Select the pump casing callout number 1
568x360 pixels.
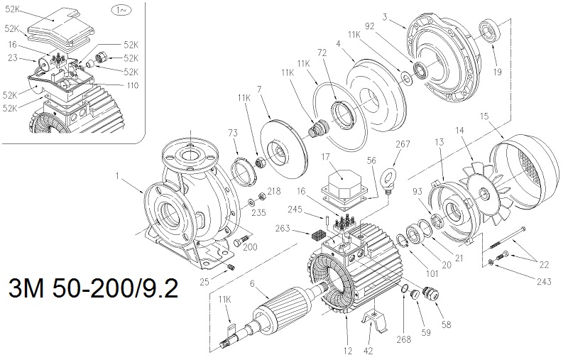(x=118, y=173)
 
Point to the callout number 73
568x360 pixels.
(x=231, y=133)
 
